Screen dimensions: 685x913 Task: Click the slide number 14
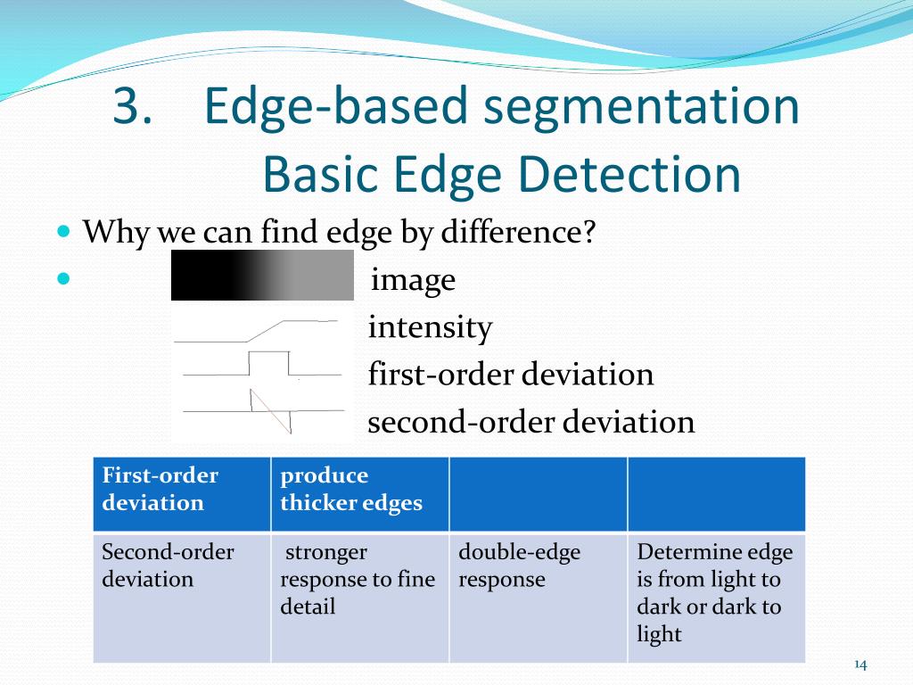pos(860,664)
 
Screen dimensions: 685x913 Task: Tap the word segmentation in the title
pos(641,108)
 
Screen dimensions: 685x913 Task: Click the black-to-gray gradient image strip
pos(262,275)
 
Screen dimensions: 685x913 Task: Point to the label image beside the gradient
pos(413,281)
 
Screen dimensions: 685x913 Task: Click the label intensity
pos(430,328)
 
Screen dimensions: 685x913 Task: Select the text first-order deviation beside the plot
pos(511,375)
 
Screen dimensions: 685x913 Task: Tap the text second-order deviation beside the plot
pos(531,422)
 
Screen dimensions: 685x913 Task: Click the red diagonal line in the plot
pos(271,411)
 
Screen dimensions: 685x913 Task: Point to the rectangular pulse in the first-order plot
pos(269,363)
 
